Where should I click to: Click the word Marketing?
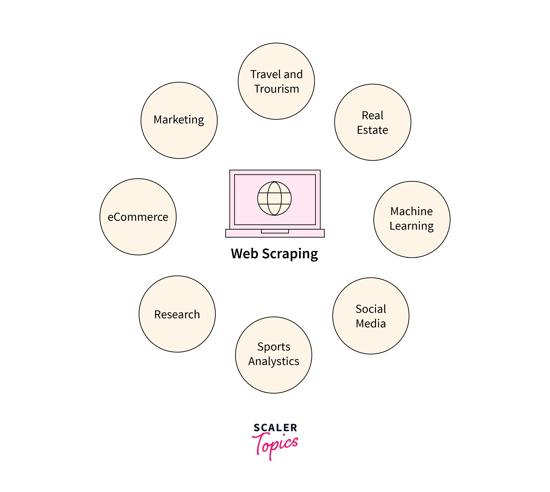pos(179,120)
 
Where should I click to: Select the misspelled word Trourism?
pos(276,89)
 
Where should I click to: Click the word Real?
pos(372,115)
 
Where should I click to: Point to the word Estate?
pos(372,130)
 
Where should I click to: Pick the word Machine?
pos(411,211)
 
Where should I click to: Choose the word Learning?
pos(411,226)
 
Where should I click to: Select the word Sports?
pos(274,347)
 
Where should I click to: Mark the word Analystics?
pos(274,361)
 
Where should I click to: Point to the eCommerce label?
pos(138,217)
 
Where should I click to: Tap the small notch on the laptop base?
pos(275,231)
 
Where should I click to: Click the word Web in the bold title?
pos(244,254)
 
